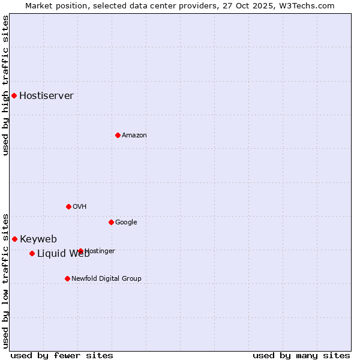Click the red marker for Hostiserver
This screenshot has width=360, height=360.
click(x=14, y=95)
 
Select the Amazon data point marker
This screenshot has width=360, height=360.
click(x=118, y=135)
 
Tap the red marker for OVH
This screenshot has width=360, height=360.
click(x=68, y=206)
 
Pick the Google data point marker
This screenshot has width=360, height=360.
click(x=111, y=222)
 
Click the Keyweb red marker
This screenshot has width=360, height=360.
click(x=14, y=239)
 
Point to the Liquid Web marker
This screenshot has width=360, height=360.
click(x=32, y=253)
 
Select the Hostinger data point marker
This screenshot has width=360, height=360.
click(x=80, y=251)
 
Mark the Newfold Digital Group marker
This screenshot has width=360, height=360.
click(x=67, y=278)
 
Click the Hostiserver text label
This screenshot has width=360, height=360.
click(x=46, y=96)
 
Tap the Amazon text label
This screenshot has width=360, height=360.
click(x=134, y=136)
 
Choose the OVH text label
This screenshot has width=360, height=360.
click(x=79, y=207)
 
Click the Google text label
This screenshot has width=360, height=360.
click(x=126, y=223)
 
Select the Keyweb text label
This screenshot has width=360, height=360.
click(x=38, y=239)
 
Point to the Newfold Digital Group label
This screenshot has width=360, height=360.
click(x=106, y=279)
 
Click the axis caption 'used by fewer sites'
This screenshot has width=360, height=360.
click(x=62, y=355)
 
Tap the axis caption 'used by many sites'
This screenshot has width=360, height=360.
click(x=301, y=355)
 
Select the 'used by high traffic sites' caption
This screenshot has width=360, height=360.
click(x=6, y=85)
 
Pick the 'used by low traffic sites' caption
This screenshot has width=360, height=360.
click(x=6, y=280)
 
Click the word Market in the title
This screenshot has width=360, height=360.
click(x=38, y=5)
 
